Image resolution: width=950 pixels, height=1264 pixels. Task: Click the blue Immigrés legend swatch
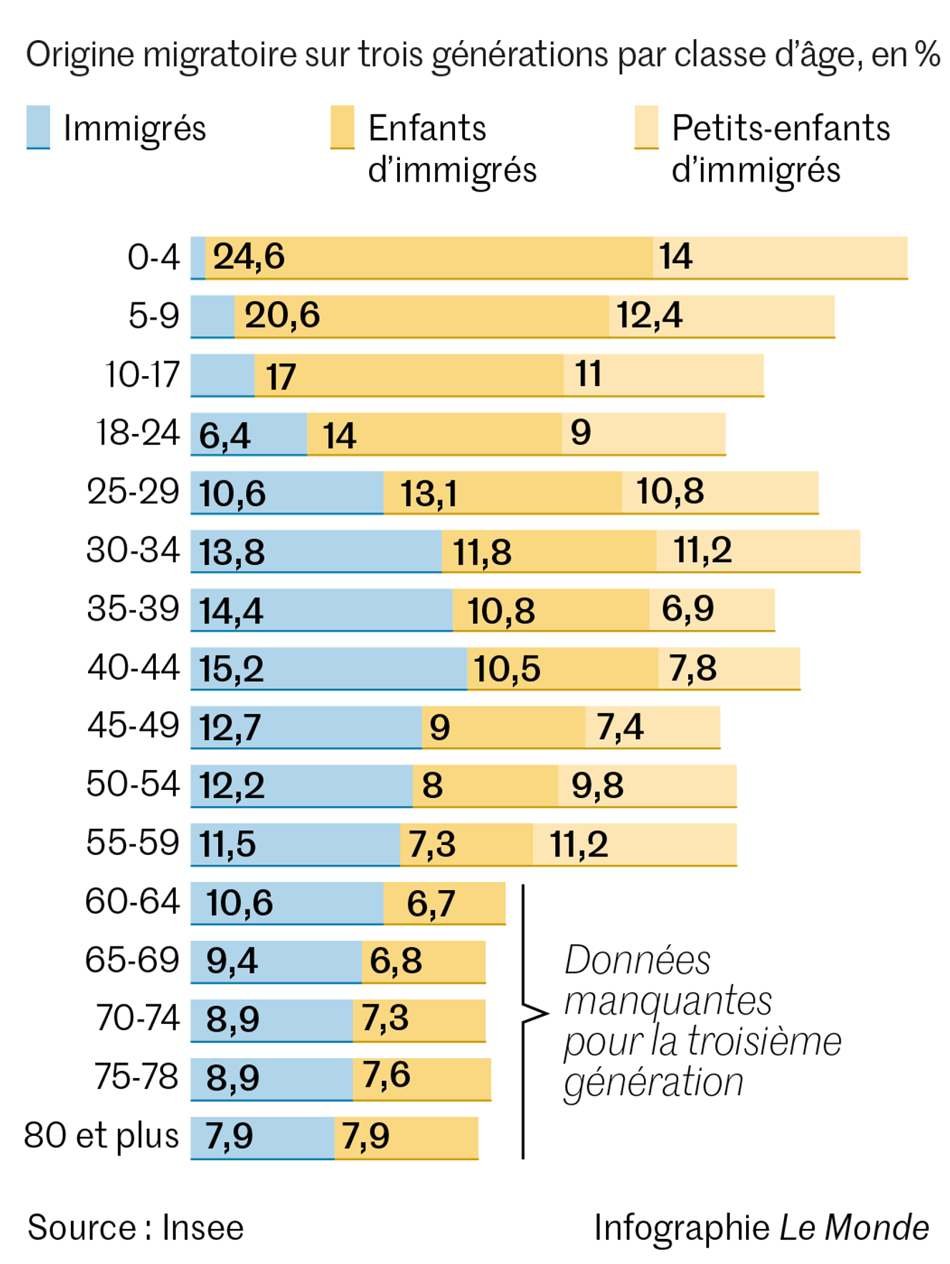click(38, 127)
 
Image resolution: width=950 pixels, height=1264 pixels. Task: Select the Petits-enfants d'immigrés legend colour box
click(646, 127)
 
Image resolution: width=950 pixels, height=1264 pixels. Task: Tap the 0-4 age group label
click(153, 257)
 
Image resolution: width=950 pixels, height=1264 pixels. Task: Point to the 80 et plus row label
click(101, 1135)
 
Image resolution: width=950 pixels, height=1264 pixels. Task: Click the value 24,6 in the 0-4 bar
click(248, 257)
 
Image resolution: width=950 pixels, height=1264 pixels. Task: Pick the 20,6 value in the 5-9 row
click(282, 315)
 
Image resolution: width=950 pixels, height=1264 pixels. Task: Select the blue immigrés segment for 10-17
click(222, 375)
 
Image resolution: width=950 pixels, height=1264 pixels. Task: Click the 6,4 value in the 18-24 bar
click(225, 435)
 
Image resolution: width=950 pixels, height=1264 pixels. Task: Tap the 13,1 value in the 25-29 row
click(428, 493)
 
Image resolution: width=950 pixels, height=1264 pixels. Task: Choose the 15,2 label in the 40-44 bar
click(231, 669)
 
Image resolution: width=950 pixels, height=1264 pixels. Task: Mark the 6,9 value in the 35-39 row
click(687, 608)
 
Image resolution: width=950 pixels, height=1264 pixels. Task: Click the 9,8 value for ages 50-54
click(597, 785)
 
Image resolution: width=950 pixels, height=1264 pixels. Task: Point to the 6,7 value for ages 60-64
click(431, 903)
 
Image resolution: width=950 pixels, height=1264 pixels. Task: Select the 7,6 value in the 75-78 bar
click(386, 1075)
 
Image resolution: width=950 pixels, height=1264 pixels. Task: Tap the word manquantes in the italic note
click(667, 1000)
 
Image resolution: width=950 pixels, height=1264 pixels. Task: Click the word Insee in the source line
click(202, 1228)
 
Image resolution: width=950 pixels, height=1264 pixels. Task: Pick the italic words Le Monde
click(853, 1228)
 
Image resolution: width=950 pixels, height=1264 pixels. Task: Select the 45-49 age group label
click(133, 726)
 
